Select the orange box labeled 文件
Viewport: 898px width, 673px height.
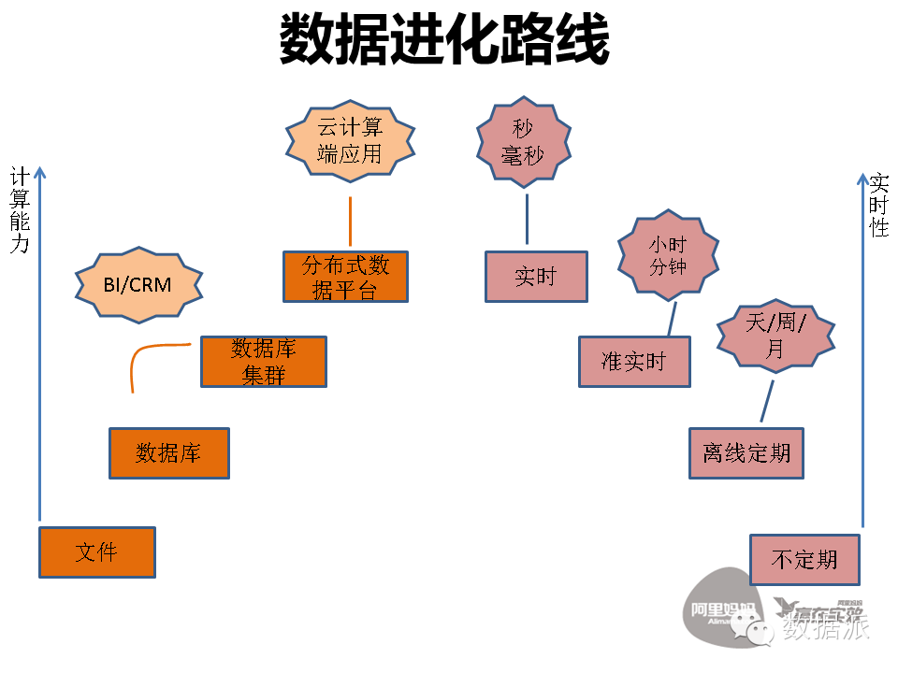click(97, 552)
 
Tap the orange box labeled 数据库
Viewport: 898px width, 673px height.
click(169, 453)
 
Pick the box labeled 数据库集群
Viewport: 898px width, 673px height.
click(264, 362)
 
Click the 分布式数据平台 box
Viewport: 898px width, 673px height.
click(345, 277)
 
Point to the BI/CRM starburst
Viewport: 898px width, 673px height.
click(138, 284)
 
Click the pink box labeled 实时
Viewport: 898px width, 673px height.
click(536, 277)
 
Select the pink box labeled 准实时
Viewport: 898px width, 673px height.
click(633, 362)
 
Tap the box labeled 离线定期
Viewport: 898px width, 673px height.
click(746, 454)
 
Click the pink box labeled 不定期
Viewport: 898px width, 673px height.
click(804, 560)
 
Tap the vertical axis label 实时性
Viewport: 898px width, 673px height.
click(878, 206)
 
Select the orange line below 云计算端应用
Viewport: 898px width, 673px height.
click(350, 222)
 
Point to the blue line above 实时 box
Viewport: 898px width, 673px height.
click(527, 220)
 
